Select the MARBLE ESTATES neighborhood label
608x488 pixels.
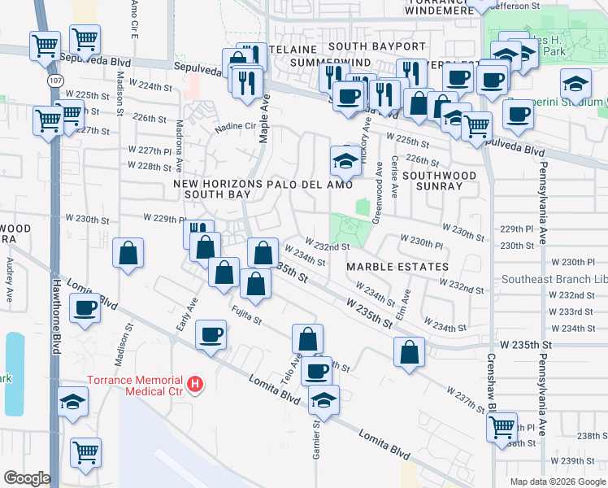[x=397, y=267]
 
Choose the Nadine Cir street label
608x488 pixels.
[x=235, y=128]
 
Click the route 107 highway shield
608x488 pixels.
[x=54, y=81]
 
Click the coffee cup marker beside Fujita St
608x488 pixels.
[x=211, y=334]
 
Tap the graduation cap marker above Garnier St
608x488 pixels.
[x=324, y=400]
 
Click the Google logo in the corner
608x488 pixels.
[x=27, y=478]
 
